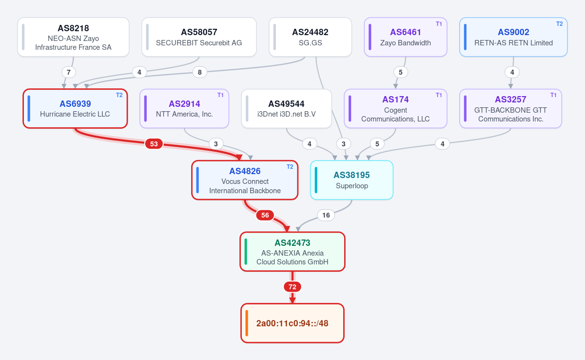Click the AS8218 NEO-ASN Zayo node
(74, 37)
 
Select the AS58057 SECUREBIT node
(199, 37)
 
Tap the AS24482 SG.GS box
(310, 37)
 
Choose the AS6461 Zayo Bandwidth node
(406, 37)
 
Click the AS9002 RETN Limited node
(513, 37)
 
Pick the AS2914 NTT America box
(184, 109)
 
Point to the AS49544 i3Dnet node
(287, 109)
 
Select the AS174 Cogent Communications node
(395, 109)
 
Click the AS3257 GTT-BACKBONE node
(510, 109)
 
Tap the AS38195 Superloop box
(352, 180)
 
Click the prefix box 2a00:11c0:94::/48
(292, 323)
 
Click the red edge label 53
(154, 144)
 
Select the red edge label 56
(265, 215)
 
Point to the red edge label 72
(292, 287)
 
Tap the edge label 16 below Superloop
(326, 215)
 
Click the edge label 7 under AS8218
(69, 72)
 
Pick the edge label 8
(200, 72)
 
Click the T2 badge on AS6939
(119, 95)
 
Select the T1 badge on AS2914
(220, 95)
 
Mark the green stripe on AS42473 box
(246, 252)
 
